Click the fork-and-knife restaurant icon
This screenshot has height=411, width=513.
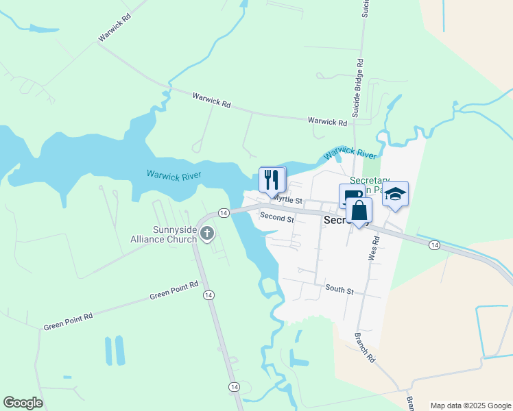[272, 180]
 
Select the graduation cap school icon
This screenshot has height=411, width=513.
[395, 194]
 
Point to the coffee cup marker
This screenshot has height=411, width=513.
[350, 195]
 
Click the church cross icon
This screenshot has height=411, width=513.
[206, 234]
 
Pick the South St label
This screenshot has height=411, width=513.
[339, 290]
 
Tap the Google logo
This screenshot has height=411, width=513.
[23, 403]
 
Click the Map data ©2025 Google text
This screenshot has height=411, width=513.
[470, 406]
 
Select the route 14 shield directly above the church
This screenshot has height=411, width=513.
[223, 213]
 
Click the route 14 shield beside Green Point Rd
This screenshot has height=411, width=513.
[208, 295]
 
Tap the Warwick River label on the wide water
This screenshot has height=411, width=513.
[174, 176]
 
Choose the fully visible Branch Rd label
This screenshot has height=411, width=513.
[365, 347]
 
